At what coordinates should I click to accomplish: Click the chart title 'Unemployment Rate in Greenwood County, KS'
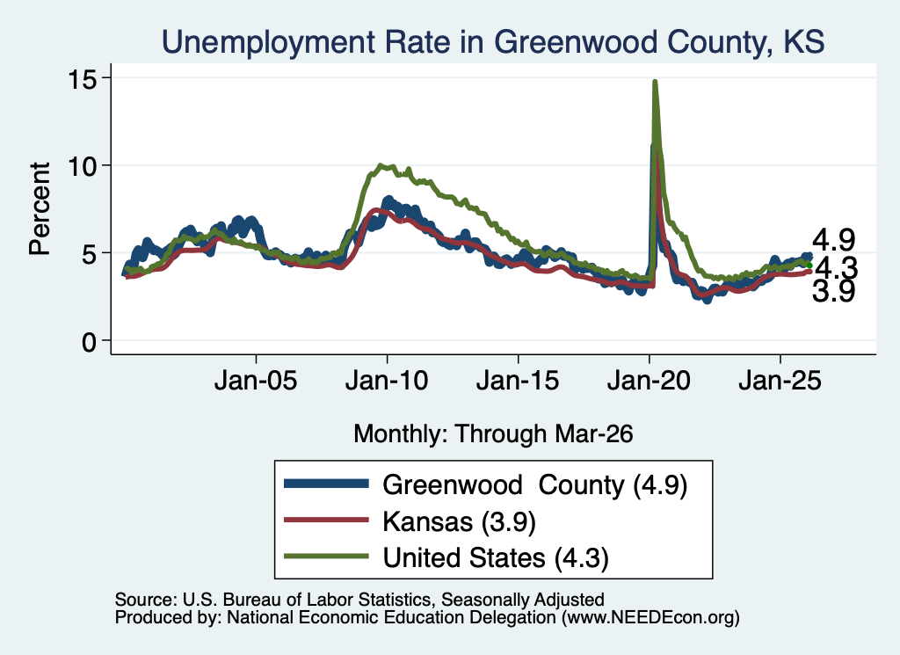coord(493,42)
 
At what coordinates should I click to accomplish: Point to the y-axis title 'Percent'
coord(40,208)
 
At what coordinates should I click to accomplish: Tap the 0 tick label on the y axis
coord(89,342)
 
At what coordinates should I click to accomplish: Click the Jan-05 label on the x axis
coord(256,382)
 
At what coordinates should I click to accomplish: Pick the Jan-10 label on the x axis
coord(387,382)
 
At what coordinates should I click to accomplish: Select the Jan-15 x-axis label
coord(518,382)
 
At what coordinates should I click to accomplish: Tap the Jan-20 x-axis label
coord(649,382)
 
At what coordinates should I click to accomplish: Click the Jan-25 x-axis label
coord(780,382)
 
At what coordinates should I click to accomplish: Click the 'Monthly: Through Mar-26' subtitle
coord(493,434)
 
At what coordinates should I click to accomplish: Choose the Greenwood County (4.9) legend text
coord(535,485)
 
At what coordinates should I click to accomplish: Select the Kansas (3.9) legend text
coord(459,522)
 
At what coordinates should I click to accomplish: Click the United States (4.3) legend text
coord(496,558)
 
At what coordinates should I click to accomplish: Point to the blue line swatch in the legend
coord(327,484)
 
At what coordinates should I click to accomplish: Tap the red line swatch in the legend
coord(327,520)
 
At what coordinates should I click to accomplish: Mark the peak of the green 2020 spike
coord(654,82)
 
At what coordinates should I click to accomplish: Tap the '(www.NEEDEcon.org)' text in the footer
coord(650,618)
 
